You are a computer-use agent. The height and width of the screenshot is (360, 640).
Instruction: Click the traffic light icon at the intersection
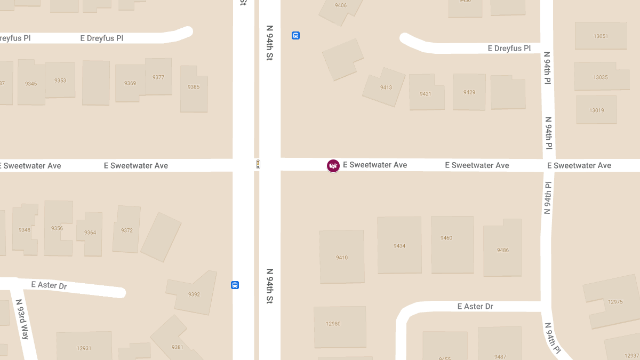click(258, 165)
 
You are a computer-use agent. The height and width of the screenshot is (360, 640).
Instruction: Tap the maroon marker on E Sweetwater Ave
click(333, 166)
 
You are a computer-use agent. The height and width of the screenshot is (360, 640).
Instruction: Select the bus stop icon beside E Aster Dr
click(235, 285)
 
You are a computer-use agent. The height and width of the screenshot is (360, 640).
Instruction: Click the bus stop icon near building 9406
click(295, 36)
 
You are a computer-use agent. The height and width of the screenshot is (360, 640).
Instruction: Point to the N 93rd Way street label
click(22, 319)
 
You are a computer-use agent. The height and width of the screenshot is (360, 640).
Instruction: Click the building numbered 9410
click(342, 258)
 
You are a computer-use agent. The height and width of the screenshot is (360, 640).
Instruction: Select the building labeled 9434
click(399, 246)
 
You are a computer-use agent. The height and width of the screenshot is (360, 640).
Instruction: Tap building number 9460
click(446, 238)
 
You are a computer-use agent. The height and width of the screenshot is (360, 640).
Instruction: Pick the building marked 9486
click(502, 250)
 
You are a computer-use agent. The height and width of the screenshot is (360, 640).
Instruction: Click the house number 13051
click(601, 36)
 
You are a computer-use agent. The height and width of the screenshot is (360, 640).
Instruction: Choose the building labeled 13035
click(600, 77)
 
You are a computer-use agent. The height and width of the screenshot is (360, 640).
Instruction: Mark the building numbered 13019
click(596, 110)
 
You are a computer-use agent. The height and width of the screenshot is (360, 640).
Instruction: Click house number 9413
click(386, 87)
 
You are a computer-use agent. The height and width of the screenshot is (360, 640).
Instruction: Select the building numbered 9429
click(469, 92)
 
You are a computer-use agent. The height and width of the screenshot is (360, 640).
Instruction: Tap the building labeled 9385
click(194, 87)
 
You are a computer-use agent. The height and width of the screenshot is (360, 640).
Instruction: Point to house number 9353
click(60, 81)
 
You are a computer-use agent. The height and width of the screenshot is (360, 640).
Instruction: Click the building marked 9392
click(194, 294)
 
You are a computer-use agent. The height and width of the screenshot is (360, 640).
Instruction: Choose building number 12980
click(333, 324)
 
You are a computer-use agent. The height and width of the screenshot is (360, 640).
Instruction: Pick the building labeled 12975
click(615, 302)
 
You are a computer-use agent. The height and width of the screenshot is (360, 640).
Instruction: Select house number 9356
click(57, 228)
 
